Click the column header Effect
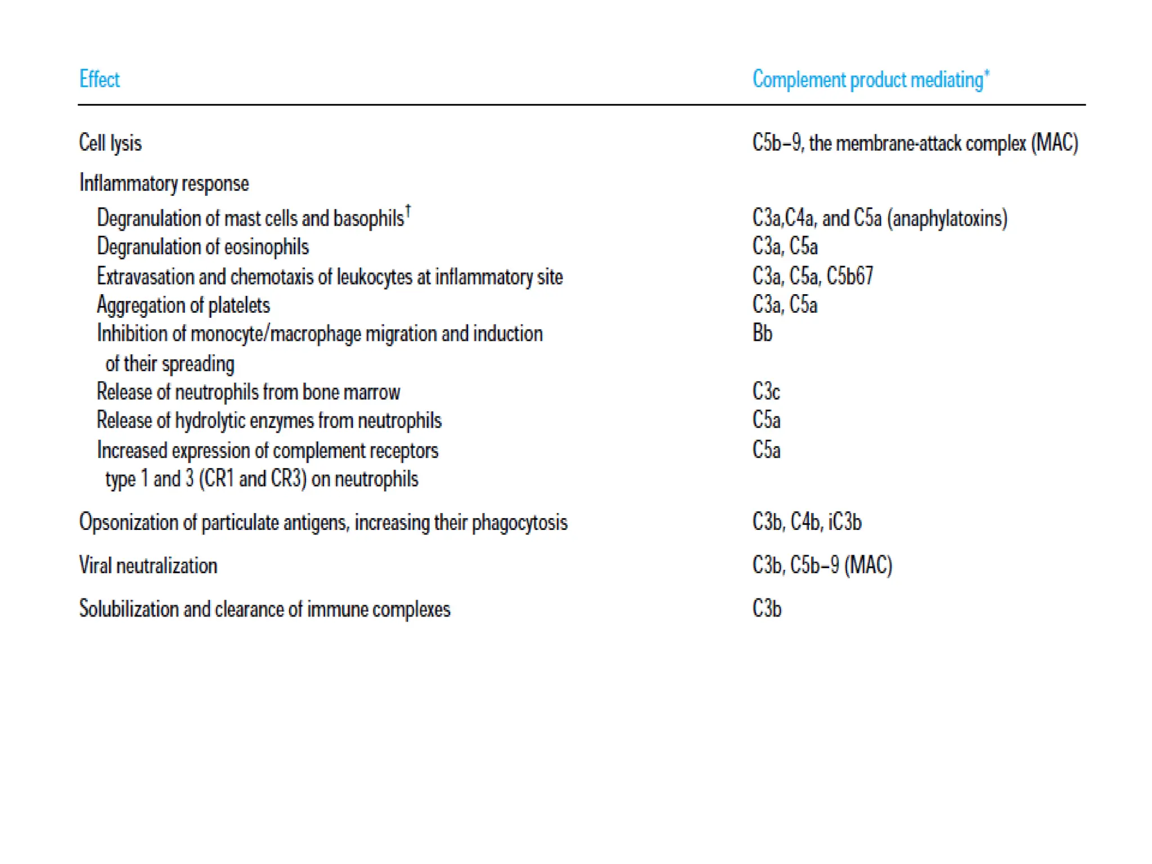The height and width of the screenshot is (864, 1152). point(100,79)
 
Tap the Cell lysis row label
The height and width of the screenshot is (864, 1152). point(110,143)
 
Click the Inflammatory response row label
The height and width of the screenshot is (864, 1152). point(164,183)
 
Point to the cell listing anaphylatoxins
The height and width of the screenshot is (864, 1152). point(880,218)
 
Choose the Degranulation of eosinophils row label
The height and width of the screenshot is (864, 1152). point(202,247)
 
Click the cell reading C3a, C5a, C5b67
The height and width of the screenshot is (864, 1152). point(813,276)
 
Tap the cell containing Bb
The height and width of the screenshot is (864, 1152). point(762,334)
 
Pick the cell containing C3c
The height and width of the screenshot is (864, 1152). point(766,391)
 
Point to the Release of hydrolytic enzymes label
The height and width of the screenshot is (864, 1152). point(269,421)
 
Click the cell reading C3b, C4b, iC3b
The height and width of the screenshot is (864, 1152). point(807,522)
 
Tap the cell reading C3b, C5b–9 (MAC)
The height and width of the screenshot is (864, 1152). point(822,565)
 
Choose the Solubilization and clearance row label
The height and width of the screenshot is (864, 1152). point(264,609)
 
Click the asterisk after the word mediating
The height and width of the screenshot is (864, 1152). point(987,72)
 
